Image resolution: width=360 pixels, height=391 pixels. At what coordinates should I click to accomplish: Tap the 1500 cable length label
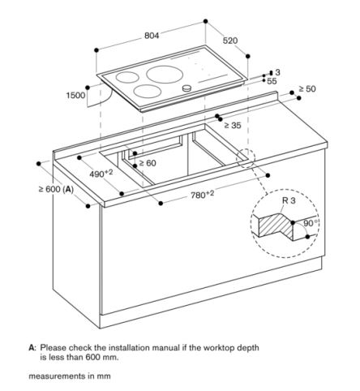[75, 96]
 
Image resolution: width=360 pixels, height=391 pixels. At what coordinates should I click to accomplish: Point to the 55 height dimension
[271, 83]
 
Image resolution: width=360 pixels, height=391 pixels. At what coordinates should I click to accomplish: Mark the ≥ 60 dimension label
[147, 162]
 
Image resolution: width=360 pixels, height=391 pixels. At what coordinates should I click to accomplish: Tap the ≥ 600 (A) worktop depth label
[55, 190]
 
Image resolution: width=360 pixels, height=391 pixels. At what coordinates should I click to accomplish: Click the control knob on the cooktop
[188, 88]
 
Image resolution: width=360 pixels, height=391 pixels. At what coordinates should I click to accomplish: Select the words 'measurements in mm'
[69, 377]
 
